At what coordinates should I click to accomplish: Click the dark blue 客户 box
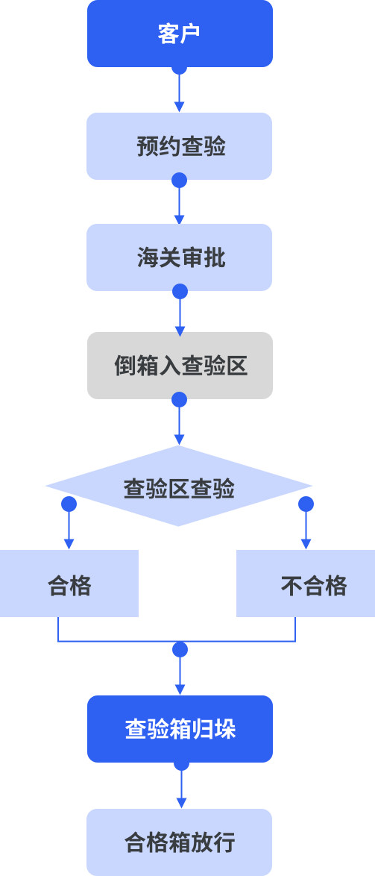point(180,34)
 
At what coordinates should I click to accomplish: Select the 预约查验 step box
point(179,146)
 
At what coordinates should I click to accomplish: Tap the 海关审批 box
point(179,257)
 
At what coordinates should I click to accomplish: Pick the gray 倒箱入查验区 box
point(180,366)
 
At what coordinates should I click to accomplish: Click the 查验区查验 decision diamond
point(179,486)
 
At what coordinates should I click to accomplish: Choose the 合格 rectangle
point(69,584)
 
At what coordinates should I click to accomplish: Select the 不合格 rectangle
point(306,584)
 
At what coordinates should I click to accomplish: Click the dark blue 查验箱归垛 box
point(180,729)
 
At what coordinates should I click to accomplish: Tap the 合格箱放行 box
point(179,842)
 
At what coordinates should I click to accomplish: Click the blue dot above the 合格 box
point(69,504)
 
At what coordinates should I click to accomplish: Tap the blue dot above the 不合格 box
point(306,504)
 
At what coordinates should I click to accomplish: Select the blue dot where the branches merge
point(180,650)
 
